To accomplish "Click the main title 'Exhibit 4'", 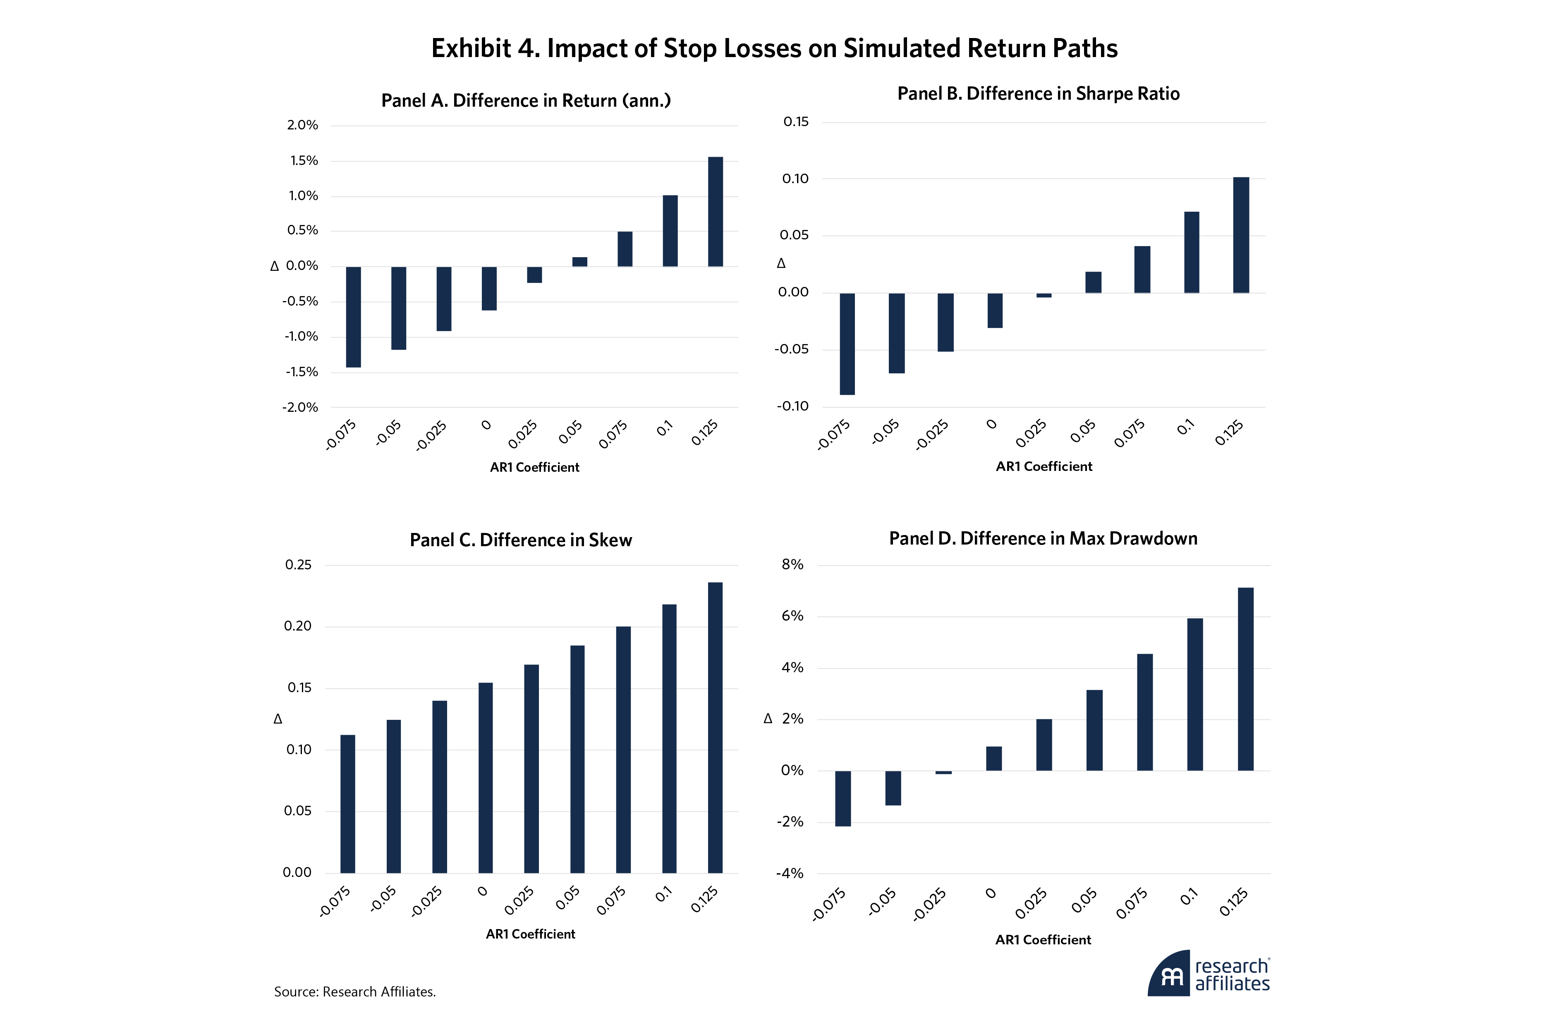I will pyautogui.click(x=774, y=49).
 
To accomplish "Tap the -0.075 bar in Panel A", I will pyautogui.click(x=353, y=317).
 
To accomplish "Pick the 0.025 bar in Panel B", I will pyautogui.click(x=1044, y=295).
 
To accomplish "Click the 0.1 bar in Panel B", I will pyautogui.click(x=1191, y=252).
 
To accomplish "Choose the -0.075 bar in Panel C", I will pyautogui.click(x=348, y=803).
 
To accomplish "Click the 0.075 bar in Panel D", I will pyautogui.click(x=1144, y=712).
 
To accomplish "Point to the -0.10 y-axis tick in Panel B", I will pyautogui.click(x=792, y=406).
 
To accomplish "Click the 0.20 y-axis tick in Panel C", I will pyautogui.click(x=298, y=626).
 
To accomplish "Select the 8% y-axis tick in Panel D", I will pyautogui.click(x=792, y=565).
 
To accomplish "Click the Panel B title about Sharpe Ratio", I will pyautogui.click(x=1038, y=94).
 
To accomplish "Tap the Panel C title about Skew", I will pyautogui.click(x=521, y=540).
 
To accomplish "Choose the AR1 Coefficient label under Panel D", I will pyautogui.click(x=1043, y=939).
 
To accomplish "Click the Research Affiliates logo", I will pyautogui.click(x=1209, y=973).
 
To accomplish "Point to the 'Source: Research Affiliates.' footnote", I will pyautogui.click(x=354, y=991).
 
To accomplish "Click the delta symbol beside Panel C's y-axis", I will pyautogui.click(x=278, y=719).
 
